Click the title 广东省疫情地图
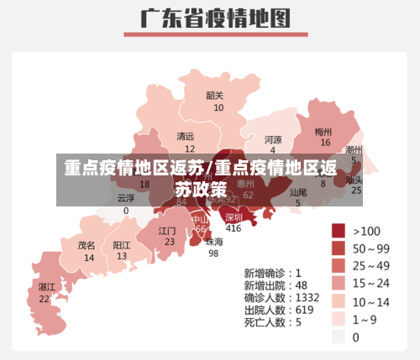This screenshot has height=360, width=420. (210, 18)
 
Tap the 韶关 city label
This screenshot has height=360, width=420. (215, 95)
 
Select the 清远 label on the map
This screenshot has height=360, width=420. (185, 136)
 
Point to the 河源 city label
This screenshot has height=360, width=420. (273, 139)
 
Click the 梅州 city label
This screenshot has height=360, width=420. (323, 132)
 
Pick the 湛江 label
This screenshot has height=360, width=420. (46, 286)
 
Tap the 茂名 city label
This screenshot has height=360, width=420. (87, 246)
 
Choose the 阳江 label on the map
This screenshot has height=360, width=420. (122, 246)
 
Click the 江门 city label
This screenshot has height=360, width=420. (167, 230)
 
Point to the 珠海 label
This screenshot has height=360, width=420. (215, 241)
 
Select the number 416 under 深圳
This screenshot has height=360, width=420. (234, 228)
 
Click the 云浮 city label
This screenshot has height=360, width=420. (126, 198)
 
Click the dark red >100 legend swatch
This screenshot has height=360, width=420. (339, 230)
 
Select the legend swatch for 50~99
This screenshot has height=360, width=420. (339, 248)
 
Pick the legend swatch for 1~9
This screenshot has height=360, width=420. (339, 319)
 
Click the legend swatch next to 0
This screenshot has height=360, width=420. (339, 337)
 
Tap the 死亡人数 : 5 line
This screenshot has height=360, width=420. (271, 321)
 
